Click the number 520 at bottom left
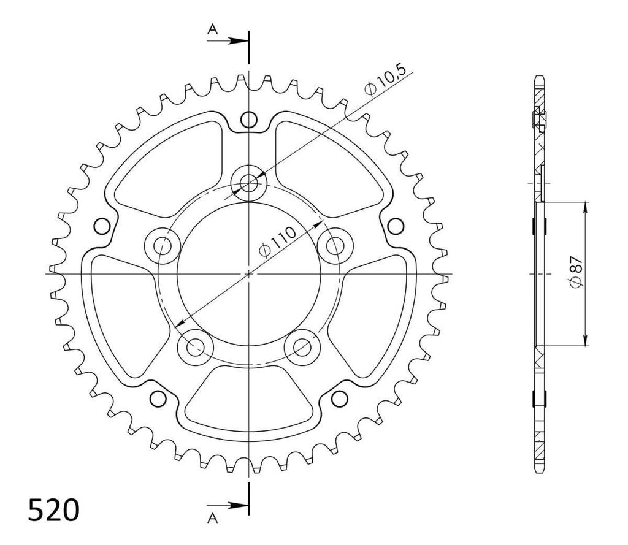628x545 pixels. click(x=54, y=510)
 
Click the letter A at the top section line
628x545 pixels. click(x=213, y=29)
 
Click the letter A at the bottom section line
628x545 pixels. click(x=213, y=518)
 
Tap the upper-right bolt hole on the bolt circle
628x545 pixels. click(x=335, y=245)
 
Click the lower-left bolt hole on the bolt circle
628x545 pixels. click(x=196, y=347)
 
